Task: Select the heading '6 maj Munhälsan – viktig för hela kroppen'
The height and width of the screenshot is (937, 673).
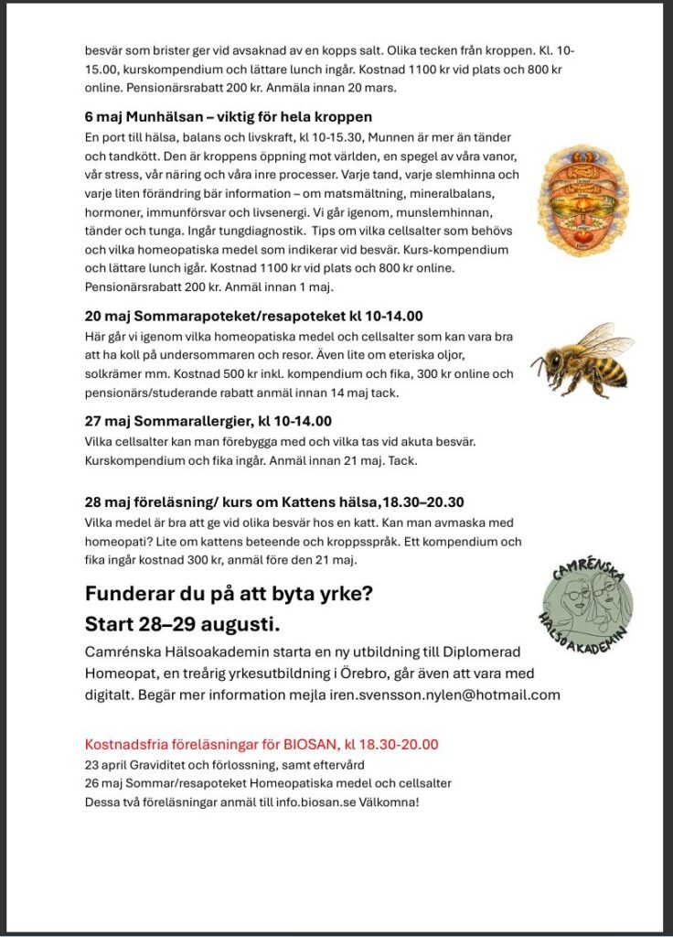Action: [228, 117]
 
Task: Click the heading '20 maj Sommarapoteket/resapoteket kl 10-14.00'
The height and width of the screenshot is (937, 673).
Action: [253, 317]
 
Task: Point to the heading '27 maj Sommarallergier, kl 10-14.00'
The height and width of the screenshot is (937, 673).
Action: [208, 421]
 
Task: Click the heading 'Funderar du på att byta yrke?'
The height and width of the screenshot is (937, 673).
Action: [229, 592]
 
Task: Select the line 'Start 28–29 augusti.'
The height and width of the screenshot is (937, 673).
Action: [182, 625]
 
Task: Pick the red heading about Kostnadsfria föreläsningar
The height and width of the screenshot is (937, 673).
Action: [261, 744]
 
